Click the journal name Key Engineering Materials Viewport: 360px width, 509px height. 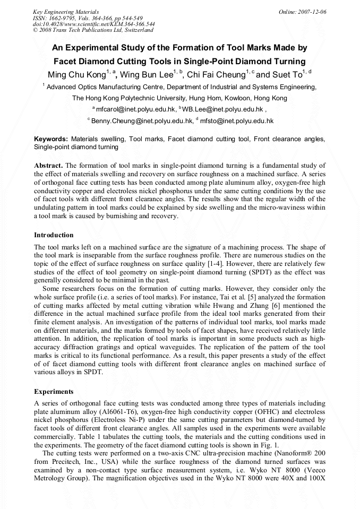65,11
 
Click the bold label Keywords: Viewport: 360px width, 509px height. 51,139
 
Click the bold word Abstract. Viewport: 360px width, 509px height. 48,165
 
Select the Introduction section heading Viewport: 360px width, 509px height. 54,235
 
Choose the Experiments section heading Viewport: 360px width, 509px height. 54,392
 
